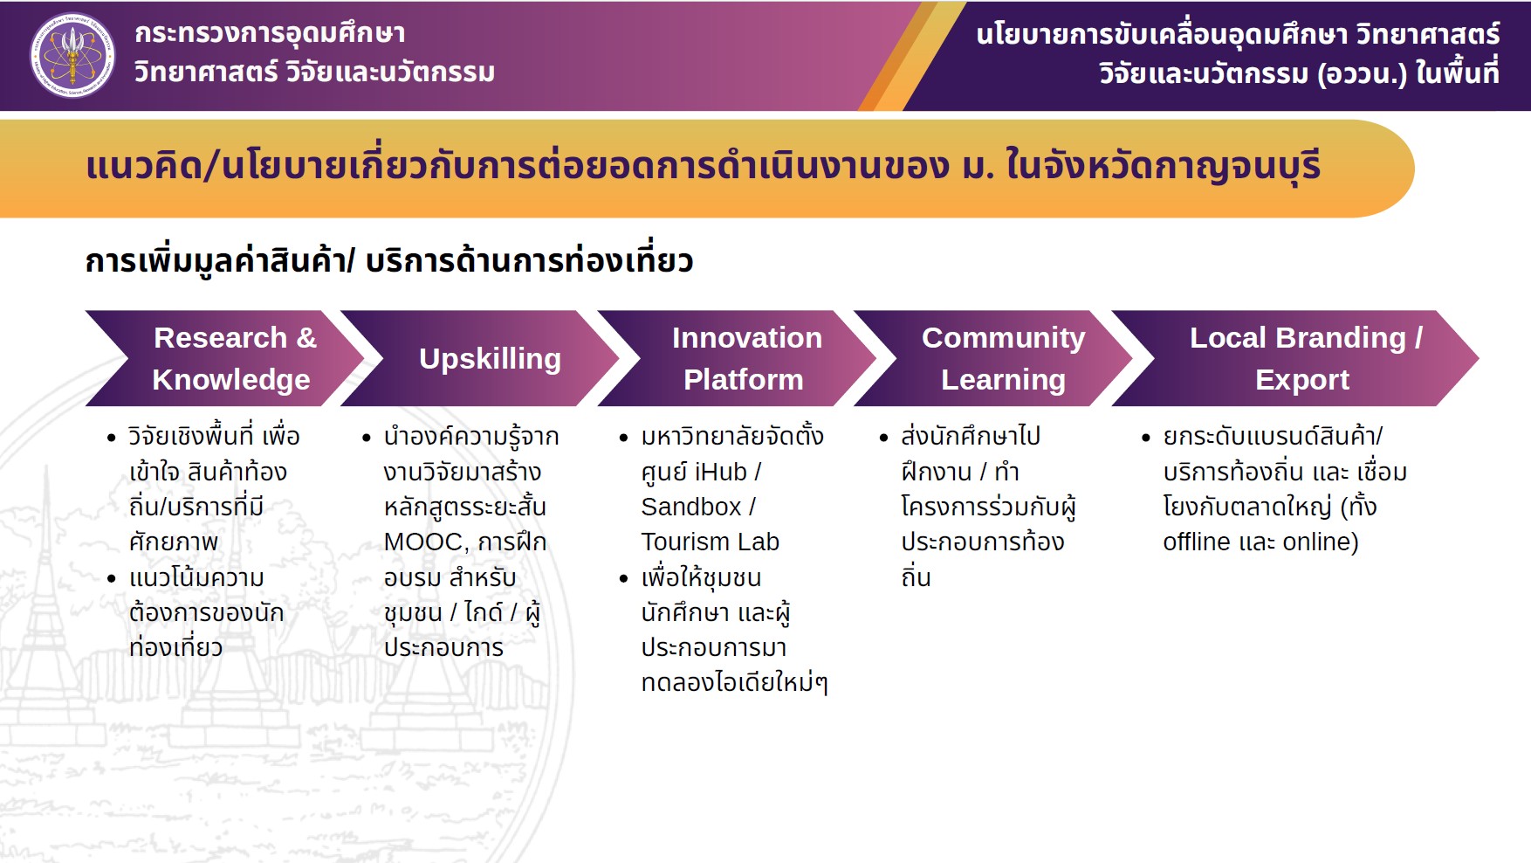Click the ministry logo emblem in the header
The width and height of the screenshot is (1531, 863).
pos(72,55)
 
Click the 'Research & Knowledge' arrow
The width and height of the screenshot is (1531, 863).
pos(225,358)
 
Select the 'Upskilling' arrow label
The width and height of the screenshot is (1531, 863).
pos(490,359)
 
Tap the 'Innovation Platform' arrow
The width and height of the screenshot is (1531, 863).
pos(738,358)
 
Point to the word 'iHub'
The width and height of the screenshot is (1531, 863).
pos(721,473)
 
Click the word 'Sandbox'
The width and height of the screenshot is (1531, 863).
pos(691,507)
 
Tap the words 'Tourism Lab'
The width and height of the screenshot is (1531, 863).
pos(711,542)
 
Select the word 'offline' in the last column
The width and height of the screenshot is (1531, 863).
pos(1197,542)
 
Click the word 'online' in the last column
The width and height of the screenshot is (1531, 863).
pos(1317,542)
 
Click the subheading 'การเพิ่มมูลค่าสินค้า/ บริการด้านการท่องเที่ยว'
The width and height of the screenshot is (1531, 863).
pos(389,261)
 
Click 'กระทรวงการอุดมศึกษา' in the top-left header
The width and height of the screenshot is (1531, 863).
pos(270,33)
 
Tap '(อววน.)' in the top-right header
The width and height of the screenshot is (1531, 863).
pos(1362,73)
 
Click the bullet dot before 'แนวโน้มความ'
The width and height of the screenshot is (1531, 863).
pos(111,578)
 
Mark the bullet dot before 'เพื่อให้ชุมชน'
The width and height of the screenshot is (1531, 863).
pos(623,578)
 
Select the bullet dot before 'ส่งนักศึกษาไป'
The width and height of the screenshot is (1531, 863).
pos(883,437)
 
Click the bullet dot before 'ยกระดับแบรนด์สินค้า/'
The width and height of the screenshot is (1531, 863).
pos(1146,437)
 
